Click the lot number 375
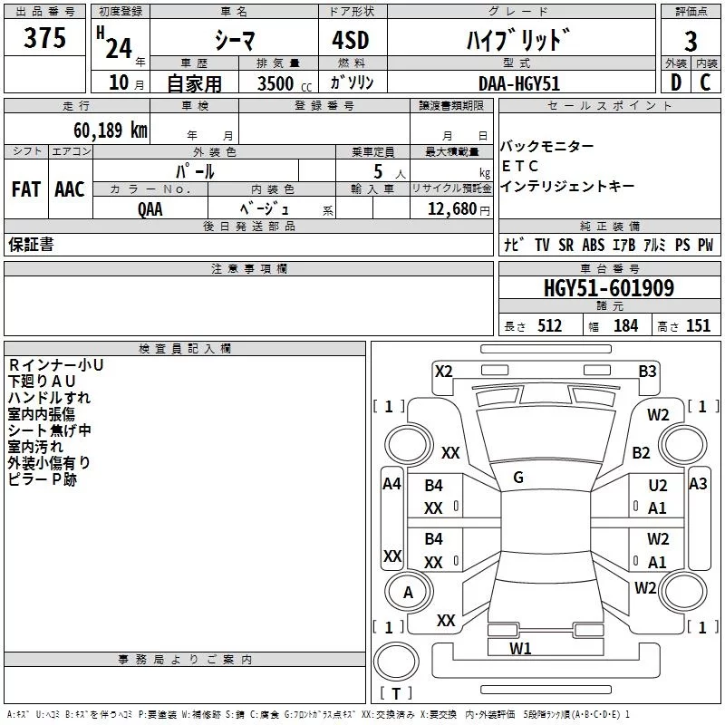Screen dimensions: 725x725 (44, 37)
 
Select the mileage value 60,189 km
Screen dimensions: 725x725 (111, 130)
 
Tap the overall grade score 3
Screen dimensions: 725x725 (691, 42)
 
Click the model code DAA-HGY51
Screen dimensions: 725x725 (519, 83)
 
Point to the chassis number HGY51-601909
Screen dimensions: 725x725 (609, 288)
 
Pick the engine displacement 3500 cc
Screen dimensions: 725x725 (285, 83)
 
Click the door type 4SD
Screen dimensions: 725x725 (351, 40)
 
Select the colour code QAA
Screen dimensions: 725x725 (150, 209)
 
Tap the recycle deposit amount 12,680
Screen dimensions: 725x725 (452, 208)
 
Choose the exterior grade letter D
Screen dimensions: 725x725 (676, 82)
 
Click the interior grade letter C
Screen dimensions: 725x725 (705, 82)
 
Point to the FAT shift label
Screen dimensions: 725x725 (26, 189)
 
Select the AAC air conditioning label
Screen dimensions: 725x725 (70, 189)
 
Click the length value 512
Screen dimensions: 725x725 (550, 325)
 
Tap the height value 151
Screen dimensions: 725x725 (698, 325)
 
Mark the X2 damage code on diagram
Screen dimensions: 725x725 (443, 372)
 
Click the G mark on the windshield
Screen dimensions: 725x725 (518, 478)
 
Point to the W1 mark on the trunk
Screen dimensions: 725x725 (520, 648)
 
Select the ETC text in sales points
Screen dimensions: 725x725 (520, 166)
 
